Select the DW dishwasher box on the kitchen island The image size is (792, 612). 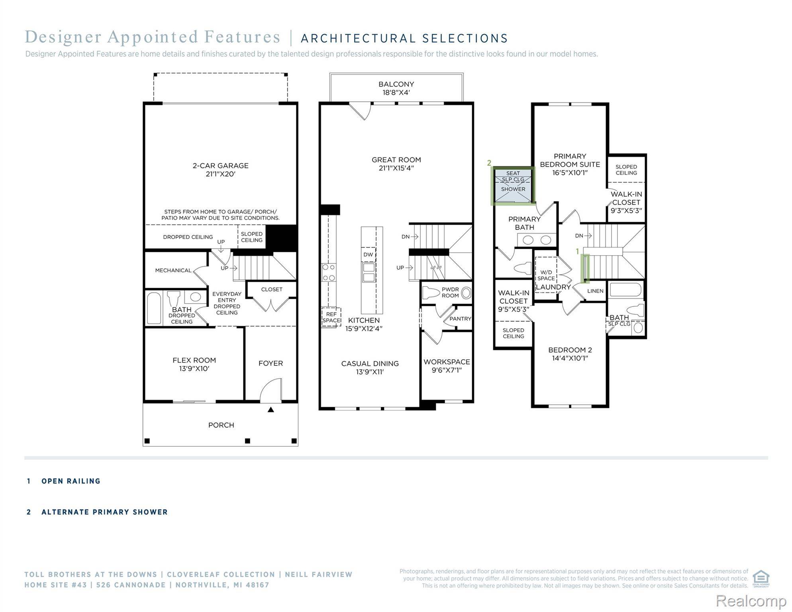point(368,255)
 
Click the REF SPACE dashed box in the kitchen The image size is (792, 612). point(331,317)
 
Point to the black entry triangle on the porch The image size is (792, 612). point(271,409)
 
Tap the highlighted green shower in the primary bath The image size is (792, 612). point(513,186)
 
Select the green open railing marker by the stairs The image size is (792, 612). point(585,269)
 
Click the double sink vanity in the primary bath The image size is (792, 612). point(537,240)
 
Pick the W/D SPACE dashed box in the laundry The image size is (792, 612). point(546,275)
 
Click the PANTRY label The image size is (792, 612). point(460,319)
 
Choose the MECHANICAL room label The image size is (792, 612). point(173,270)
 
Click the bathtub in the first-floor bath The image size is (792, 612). point(154,308)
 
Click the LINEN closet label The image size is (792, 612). point(595,291)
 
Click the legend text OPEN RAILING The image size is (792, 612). point(71,481)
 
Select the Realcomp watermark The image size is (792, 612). point(751,601)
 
